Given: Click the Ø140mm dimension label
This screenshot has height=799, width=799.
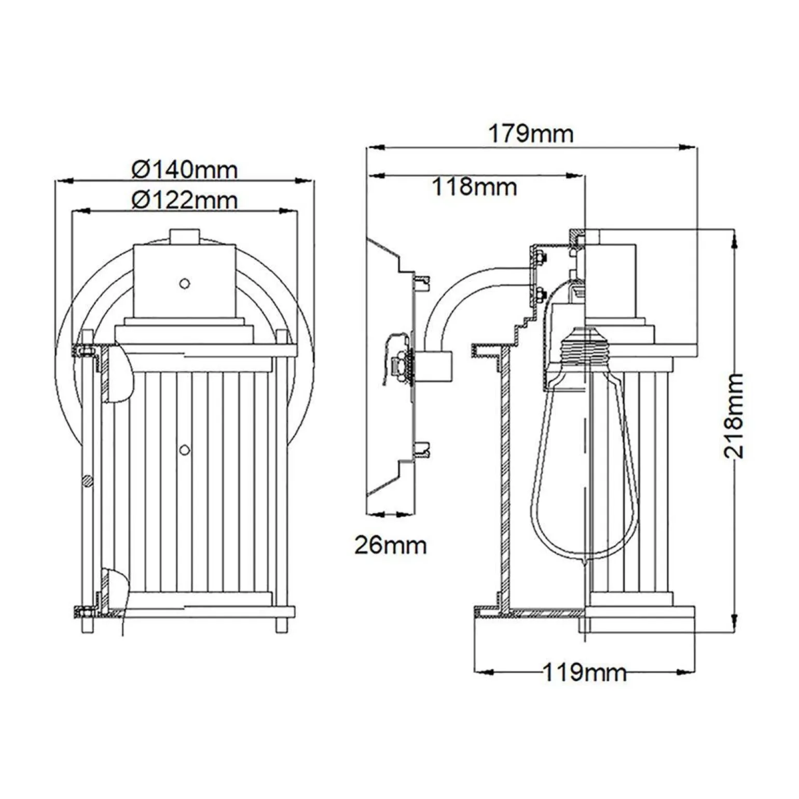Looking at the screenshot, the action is (x=185, y=169).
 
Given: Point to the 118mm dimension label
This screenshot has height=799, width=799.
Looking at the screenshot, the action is (x=475, y=186).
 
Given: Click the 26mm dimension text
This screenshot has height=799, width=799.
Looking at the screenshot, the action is (x=391, y=545).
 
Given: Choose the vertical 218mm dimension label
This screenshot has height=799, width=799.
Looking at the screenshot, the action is (x=734, y=415).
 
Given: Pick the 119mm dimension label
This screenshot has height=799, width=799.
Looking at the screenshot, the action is (x=584, y=672).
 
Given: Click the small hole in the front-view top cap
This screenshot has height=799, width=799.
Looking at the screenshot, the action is (x=184, y=283).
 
